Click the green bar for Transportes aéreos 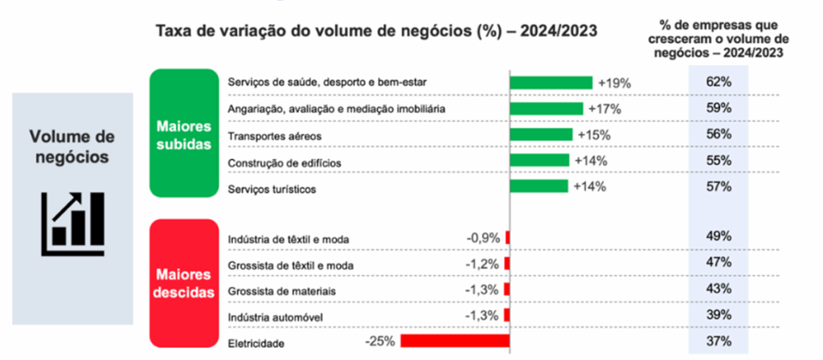coord(541,135)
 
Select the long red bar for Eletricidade coord(455,341)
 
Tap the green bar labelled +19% coord(551,82)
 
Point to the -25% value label coord(378,341)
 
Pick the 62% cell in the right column coord(719,82)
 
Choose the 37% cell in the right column coord(719,341)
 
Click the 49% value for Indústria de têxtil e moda coord(719,236)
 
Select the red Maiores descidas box coord(184,282)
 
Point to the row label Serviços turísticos coord(272,189)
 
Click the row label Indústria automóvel coord(276,317)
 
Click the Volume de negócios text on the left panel coord(72,145)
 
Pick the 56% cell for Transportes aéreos coord(719,135)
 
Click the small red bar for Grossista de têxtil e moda coord(507,264)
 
